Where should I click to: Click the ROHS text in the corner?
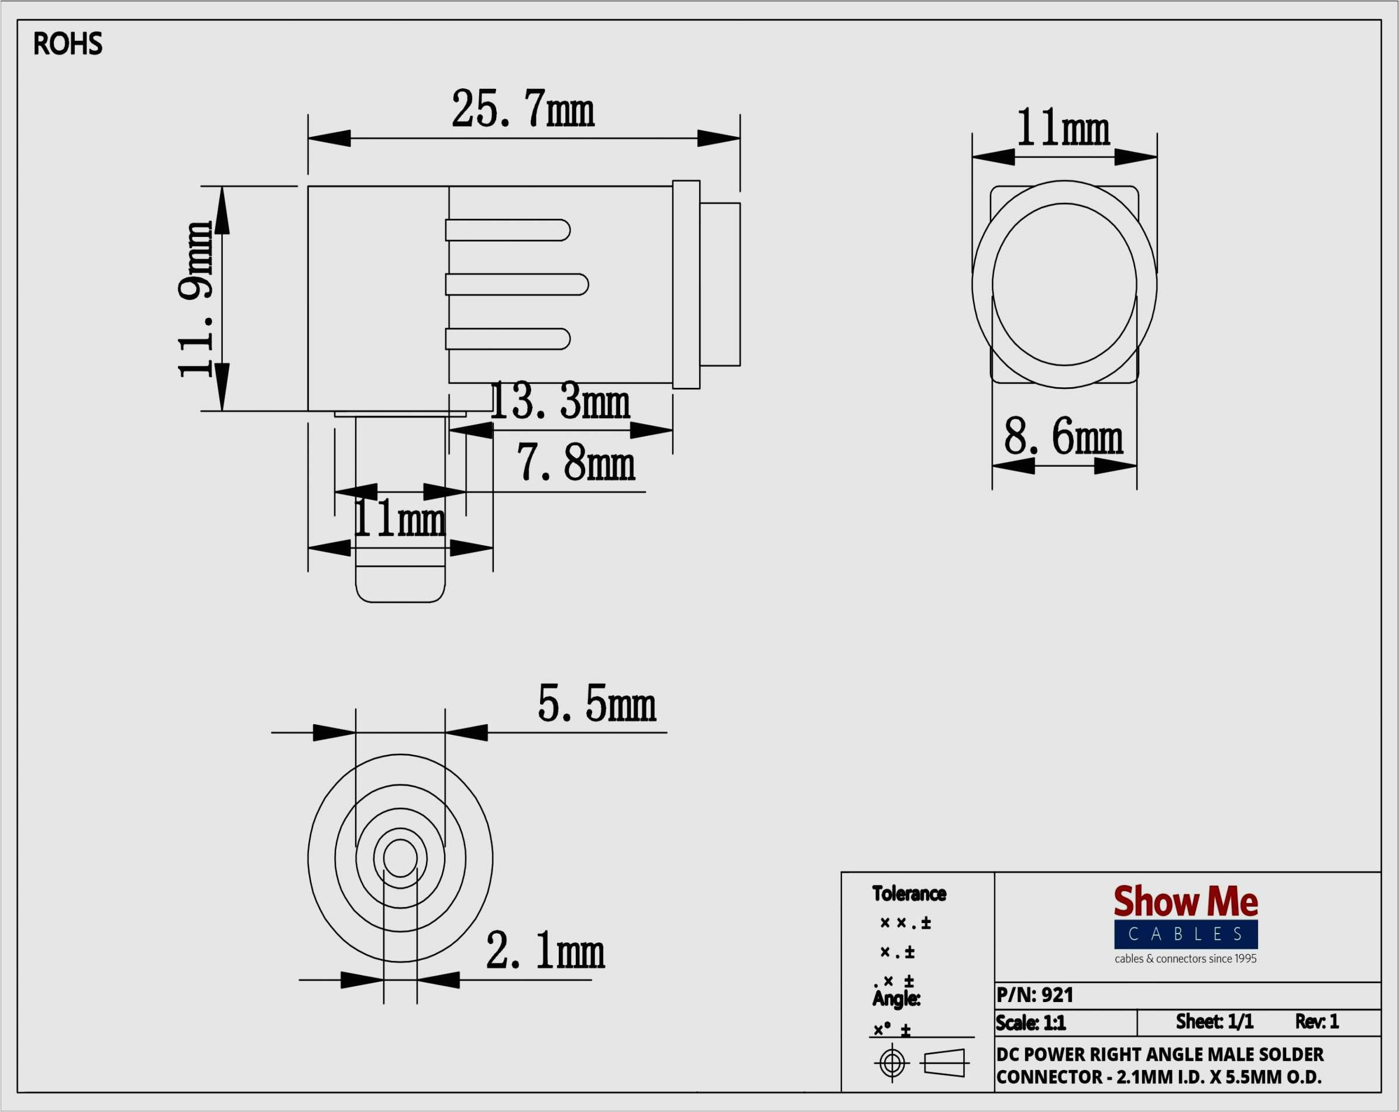pyautogui.click(x=67, y=44)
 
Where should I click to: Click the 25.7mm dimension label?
pyautogui.click(x=523, y=108)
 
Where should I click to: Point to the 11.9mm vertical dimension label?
pyautogui.click(x=195, y=299)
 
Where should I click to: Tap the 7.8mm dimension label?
pyautogui.click(x=576, y=463)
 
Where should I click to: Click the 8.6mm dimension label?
pyautogui.click(x=1064, y=436)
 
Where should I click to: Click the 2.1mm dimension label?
pyautogui.click(x=545, y=951)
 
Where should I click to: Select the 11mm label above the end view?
pyautogui.click(x=1064, y=127)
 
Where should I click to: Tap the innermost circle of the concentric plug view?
pyautogui.click(x=400, y=858)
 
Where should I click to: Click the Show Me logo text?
pyautogui.click(x=1185, y=901)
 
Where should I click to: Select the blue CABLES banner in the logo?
pyautogui.click(x=1185, y=934)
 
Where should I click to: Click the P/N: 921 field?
pyautogui.click(x=1035, y=994)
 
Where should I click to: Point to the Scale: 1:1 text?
pyautogui.click(x=1031, y=1023)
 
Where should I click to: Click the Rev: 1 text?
pyautogui.click(x=1316, y=1022)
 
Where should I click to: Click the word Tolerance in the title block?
pyautogui.click(x=909, y=894)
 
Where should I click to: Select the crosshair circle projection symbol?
pyautogui.click(x=892, y=1063)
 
